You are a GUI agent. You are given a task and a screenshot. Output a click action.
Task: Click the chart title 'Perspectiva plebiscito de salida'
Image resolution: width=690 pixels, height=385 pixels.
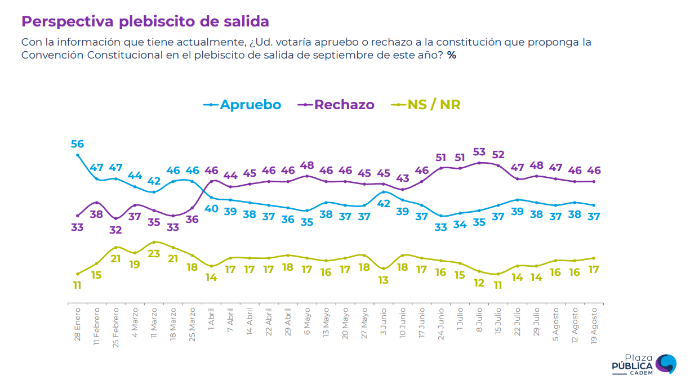[145, 21]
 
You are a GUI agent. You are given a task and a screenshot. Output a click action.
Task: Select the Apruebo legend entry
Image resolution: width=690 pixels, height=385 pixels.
[242, 105]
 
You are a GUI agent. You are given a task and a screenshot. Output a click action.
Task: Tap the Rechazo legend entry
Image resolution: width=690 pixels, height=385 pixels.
[338, 105]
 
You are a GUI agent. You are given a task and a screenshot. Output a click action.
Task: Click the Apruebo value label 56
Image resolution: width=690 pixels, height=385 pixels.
[77, 144]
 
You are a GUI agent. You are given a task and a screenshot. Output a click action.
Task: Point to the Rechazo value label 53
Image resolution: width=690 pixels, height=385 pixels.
[479, 152]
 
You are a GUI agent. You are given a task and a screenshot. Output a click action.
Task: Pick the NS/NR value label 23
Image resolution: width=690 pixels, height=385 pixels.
[154, 253]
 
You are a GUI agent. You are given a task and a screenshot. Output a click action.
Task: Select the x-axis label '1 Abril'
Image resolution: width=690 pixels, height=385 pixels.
[212, 320]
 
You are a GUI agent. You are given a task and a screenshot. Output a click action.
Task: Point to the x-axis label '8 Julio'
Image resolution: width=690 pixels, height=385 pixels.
[479, 320]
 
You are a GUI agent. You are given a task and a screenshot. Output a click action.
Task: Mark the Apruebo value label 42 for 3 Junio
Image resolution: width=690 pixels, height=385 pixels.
[384, 203]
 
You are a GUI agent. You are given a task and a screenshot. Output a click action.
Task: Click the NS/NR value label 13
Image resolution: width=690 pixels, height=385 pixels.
[384, 280]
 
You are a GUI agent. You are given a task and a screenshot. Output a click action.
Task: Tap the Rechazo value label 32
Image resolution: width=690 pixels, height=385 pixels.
[116, 230]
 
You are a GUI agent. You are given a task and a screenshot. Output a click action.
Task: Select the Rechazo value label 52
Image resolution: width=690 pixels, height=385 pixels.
[498, 155]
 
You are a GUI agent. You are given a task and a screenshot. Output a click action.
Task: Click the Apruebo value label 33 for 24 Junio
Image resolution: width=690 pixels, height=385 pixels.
[441, 227]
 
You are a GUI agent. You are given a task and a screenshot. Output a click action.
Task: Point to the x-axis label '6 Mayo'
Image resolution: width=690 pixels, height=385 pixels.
[308, 320]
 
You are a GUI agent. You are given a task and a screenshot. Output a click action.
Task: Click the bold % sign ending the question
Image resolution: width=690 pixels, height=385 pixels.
[452, 56]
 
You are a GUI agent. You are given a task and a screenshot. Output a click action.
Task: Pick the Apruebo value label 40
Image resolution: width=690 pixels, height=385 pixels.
[212, 208]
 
